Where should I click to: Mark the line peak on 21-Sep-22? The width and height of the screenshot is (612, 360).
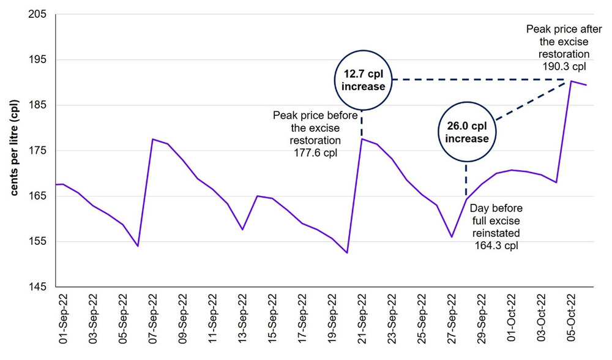click(362, 139)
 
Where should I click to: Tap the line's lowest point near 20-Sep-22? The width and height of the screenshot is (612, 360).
click(347, 253)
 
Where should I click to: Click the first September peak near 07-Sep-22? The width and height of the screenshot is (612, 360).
click(152, 139)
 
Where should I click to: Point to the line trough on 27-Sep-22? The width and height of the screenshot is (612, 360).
click(452, 237)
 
